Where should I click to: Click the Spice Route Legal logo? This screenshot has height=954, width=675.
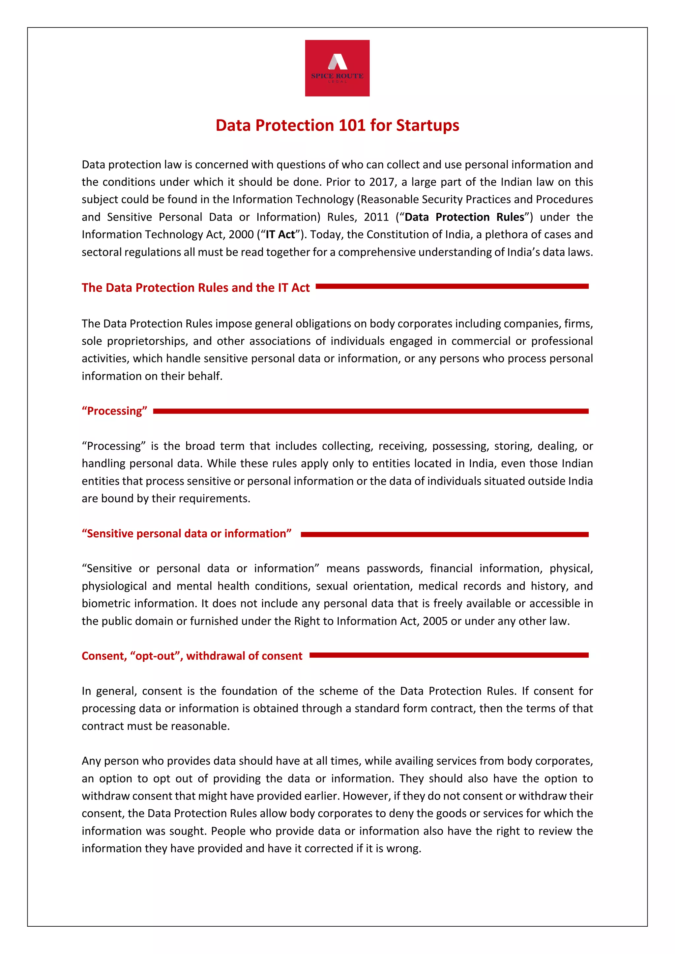(x=337, y=68)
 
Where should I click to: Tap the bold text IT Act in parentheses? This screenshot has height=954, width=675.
(x=280, y=235)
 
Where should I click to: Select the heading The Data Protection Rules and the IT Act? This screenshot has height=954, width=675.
(x=195, y=287)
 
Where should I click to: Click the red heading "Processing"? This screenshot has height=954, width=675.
(x=114, y=411)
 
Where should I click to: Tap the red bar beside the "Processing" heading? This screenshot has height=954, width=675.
(x=370, y=411)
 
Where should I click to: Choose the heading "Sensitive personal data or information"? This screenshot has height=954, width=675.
(x=186, y=534)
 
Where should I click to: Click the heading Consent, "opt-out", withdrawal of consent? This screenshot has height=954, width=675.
(x=192, y=656)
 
